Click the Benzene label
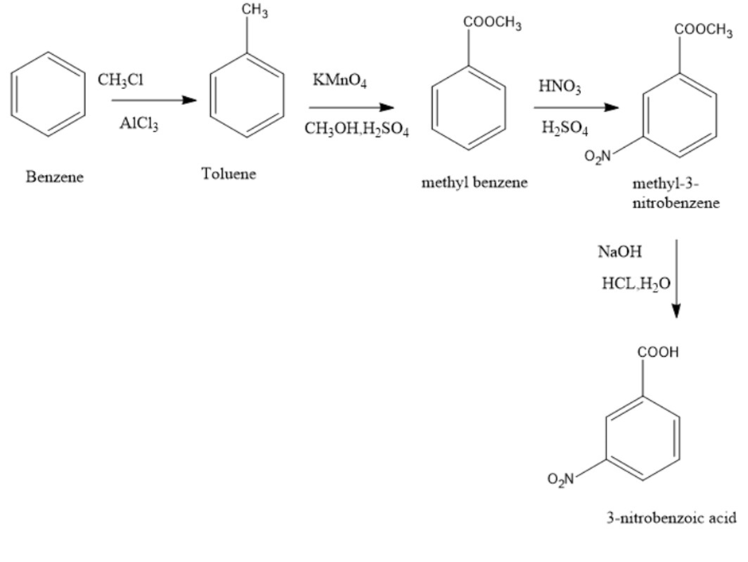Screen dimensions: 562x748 click(54, 176)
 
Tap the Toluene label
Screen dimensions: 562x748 click(229, 173)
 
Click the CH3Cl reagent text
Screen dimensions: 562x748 click(121, 79)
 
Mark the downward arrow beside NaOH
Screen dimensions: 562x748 click(676, 278)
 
